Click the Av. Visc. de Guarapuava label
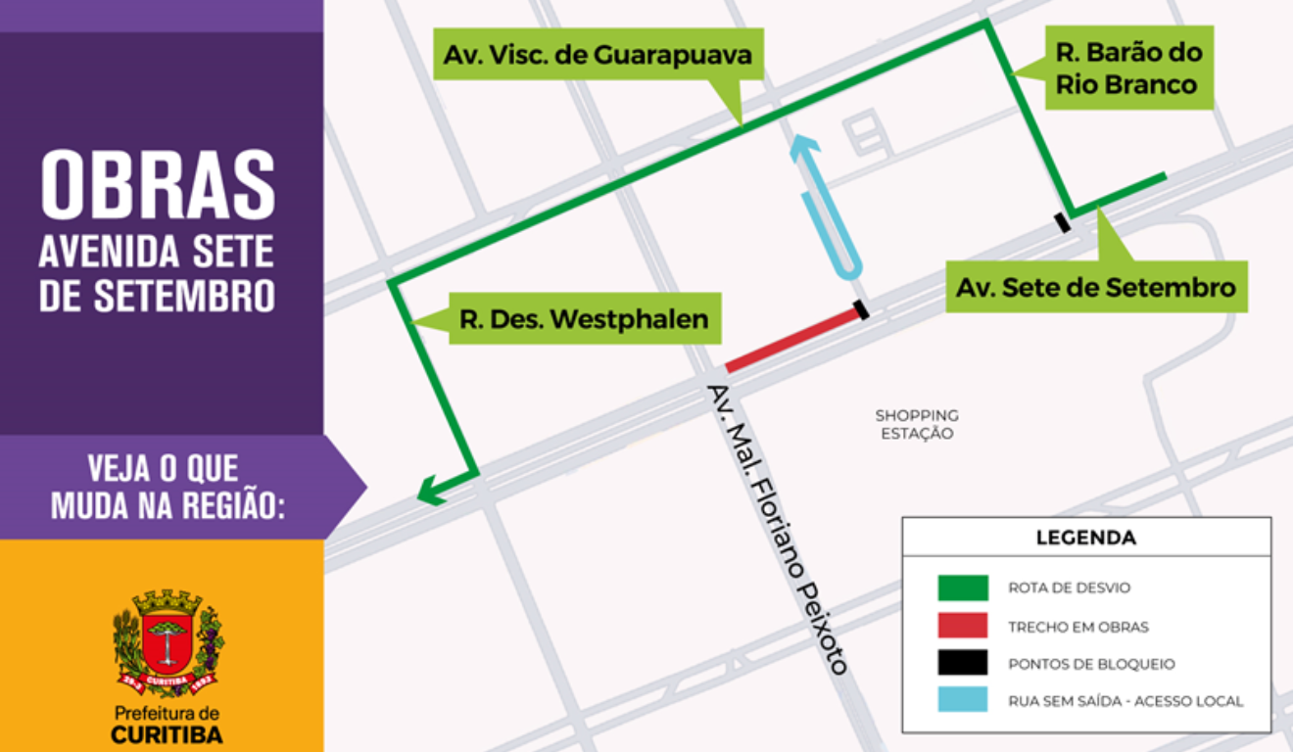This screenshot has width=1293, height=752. coord(598,55)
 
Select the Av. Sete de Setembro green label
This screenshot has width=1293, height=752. coord(1095,288)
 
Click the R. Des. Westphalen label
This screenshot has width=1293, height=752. coord(584,319)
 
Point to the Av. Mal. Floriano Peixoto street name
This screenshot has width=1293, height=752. coord(776,529)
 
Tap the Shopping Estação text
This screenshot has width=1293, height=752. coord(917,424)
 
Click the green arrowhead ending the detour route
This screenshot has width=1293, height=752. coord(427,492)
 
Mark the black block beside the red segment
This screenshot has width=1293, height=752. coord(861,309)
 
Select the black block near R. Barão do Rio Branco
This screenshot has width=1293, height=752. coord(1062,222)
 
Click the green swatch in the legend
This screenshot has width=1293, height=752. coord(962,587)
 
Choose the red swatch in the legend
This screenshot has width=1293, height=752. coord(962,626)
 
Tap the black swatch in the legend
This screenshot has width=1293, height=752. coord(962,663)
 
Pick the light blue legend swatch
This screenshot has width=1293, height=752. coord(962,700)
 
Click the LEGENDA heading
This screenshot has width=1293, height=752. coord(1085,538)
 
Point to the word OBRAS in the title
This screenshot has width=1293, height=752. coord(158,184)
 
